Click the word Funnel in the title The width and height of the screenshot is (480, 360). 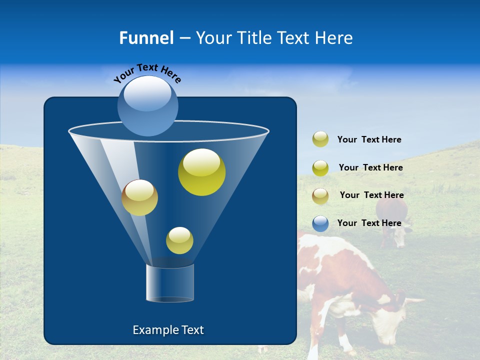click(146, 38)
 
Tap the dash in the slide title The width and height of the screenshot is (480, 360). click(184, 38)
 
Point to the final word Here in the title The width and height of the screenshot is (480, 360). click(334, 38)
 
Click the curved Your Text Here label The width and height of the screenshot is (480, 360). click(147, 72)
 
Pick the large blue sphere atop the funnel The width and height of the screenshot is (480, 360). click(147, 106)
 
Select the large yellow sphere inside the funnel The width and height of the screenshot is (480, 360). click(201, 172)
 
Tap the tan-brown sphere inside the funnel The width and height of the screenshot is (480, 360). click(139, 197)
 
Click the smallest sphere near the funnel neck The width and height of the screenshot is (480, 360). click(179, 240)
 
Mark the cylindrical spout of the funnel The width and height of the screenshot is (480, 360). click(170, 283)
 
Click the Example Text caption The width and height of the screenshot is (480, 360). click(168, 330)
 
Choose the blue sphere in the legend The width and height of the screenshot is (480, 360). click(320, 223)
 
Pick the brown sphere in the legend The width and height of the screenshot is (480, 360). click(320, 196)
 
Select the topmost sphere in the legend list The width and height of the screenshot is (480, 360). click(320, 139)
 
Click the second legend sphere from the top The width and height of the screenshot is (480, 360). click(320, 168)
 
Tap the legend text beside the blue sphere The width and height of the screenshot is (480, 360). click(369, 223)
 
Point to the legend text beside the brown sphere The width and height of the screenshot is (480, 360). click(371, 195)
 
